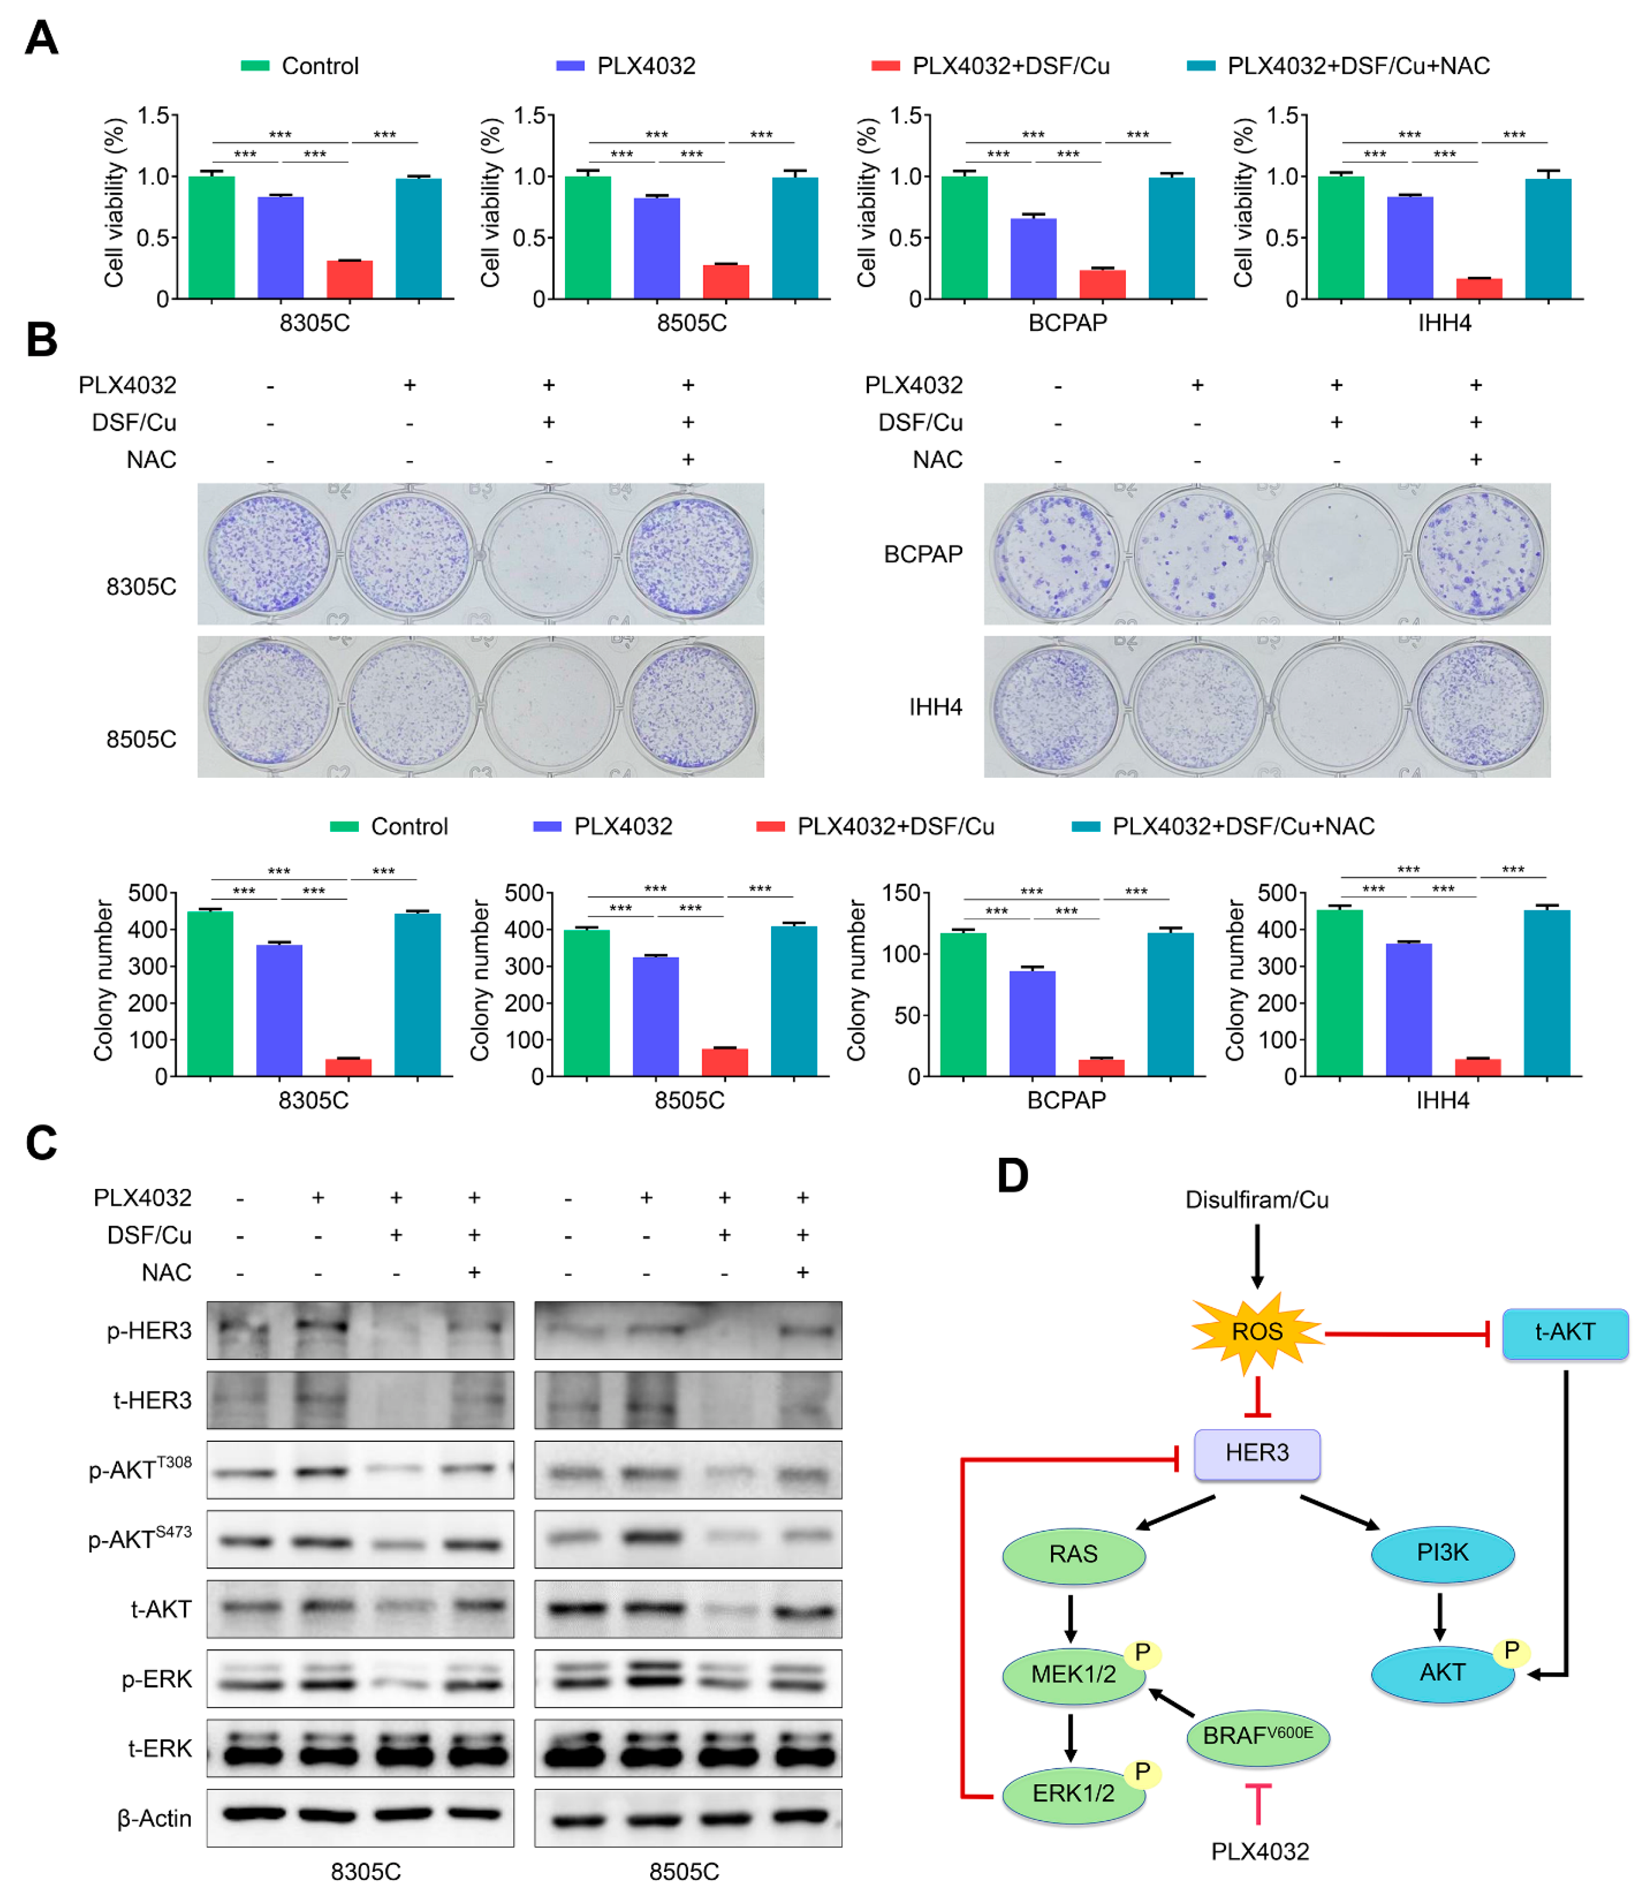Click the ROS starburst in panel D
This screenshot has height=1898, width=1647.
tap(1257, 1332)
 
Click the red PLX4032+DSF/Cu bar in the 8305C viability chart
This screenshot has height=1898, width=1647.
tap(349, 280)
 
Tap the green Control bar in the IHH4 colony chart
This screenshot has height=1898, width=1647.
tap(1339, 993)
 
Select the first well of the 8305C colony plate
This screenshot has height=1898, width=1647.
tap(268, 554)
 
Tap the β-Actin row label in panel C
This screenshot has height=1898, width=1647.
tap(154, 1818)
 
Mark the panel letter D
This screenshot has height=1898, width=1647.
tap(1012, 1176)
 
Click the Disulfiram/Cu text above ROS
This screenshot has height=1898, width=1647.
tap(1257, 1199)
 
